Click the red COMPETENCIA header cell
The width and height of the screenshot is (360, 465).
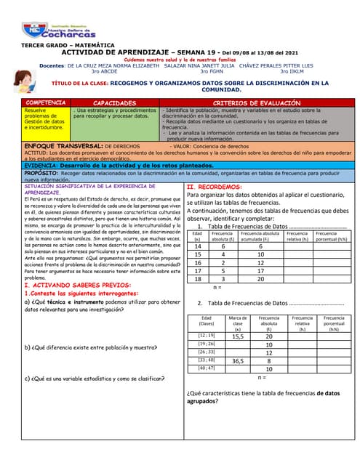[x=46, y=103]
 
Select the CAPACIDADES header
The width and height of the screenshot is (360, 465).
[x=115, y=103]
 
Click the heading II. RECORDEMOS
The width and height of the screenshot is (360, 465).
[x=215, y=187]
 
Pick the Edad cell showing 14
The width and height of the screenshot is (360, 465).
[x=197, y=246]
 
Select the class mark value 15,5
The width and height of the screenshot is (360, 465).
[x=237, y=336]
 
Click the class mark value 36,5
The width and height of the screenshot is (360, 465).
[x=237, y=360]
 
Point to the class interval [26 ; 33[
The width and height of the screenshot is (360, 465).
[x=207, y=352]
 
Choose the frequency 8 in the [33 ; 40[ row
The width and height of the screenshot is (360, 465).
[x=268, y=360]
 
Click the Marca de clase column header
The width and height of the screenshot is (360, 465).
[x=237, y=323]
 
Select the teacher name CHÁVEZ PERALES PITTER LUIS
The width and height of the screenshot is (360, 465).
[x=281, y=65]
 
